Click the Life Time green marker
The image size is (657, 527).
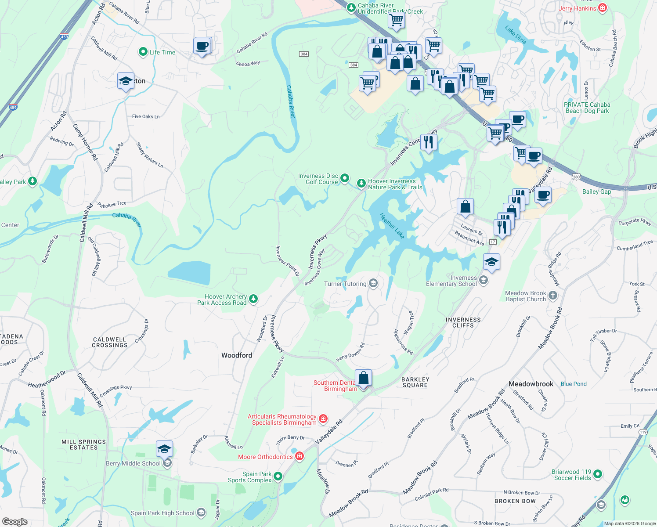coord(143,52)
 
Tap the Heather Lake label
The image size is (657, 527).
coord(392,226)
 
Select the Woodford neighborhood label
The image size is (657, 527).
coord(237,355)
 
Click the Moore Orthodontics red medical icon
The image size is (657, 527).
coord(300,457)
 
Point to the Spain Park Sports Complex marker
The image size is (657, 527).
coord(278,477)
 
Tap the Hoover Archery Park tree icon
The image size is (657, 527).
coord(253,299)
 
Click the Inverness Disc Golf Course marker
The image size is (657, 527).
coord(345,178)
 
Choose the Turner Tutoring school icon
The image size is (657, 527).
coord(373,283)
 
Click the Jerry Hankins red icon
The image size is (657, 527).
coord(603,8)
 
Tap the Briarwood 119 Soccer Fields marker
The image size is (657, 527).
coord(598,474)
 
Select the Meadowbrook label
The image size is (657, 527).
coord(531,384)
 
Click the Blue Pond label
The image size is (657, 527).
coord(574,384)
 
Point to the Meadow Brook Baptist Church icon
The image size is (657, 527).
coord(553,296)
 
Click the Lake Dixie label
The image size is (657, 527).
coord(516,35)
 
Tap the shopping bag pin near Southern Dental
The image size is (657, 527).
coord(364,378)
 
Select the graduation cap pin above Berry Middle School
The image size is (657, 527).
coord(164,449)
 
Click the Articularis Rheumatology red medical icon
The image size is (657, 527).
coord(323,419)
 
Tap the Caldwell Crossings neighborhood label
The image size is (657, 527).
coord(109,343)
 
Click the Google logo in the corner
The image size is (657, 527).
coord(15,522)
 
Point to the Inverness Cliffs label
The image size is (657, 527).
coord(463,323)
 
